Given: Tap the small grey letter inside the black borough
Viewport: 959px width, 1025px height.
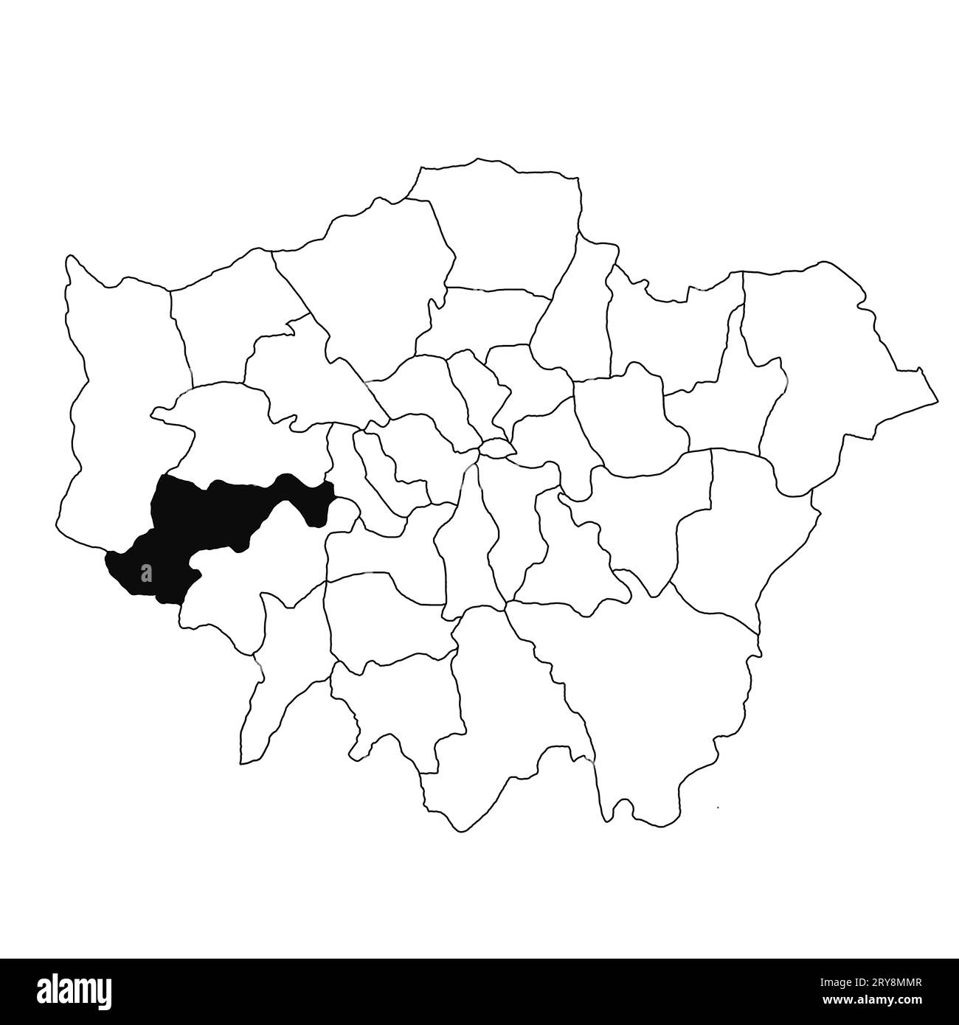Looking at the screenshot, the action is pos(146,571).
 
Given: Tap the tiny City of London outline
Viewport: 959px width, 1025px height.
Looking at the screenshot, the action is pos(496,448).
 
